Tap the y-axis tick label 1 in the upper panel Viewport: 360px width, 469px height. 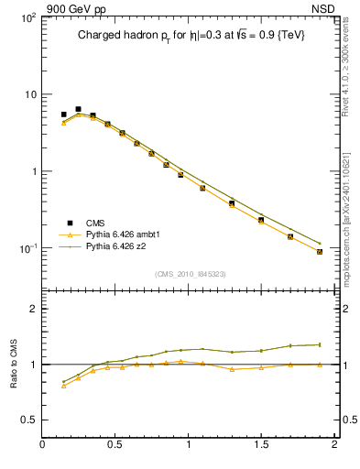click(x=33, y=171)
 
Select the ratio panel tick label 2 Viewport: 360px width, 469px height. click(x=33, y=309)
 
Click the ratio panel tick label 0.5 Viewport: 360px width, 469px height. click(x=29, y=420)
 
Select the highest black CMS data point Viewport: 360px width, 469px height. click(x=78, y=109)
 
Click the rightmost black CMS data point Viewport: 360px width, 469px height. click(x=319, y=251)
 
